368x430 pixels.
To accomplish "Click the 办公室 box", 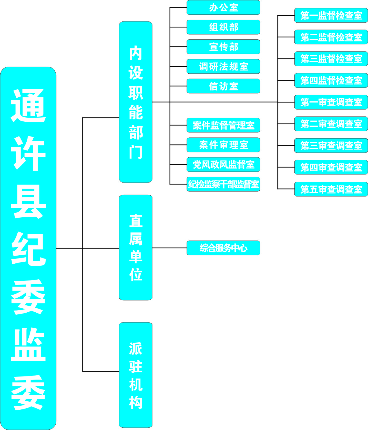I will click(223, 8).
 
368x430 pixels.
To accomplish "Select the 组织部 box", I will click(223, 27).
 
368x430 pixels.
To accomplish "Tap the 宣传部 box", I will click(223, 47).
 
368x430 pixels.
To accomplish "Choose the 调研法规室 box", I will click(223, 67).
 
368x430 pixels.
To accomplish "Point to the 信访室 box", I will click(223, 86).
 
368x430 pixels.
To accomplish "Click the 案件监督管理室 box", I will click(223, 125).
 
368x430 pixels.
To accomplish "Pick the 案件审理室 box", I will click(223, 145).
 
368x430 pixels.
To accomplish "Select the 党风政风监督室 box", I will click(223, 165).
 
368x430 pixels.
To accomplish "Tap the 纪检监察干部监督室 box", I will click(223, 184).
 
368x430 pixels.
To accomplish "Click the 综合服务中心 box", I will click(223, 248).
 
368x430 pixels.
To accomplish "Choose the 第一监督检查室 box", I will click(331, 15).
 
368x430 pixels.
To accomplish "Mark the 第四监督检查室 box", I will click(331, 80).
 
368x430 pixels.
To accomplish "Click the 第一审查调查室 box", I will click(331, 102).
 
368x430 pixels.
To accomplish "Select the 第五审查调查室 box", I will click(331, 189).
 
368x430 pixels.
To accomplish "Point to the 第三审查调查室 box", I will click(331, 145).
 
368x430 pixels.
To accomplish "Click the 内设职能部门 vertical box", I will click(136, 102).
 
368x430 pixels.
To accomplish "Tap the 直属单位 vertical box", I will click(136, 247).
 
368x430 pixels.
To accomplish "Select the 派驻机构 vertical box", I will click(136, 375).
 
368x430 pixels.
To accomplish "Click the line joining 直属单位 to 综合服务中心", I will click(170, 248).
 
